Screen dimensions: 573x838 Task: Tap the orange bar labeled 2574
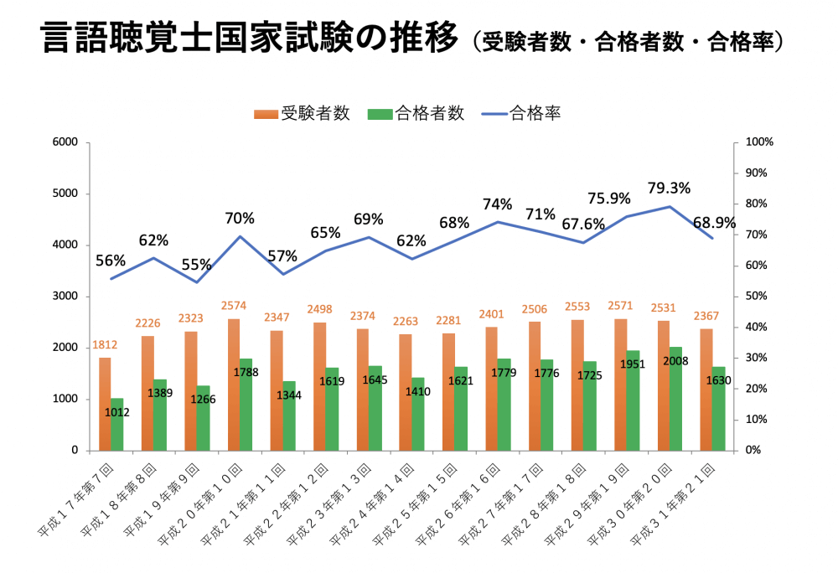[x=234, y=385]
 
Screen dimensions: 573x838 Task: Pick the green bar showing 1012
[x=117, y=424]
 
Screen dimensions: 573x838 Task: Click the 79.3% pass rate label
[x=669, y=188]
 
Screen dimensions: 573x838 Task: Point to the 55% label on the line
[x=196, y=265]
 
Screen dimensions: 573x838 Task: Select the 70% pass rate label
[x=239, y=218]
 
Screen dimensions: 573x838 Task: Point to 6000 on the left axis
[x=65, y=142]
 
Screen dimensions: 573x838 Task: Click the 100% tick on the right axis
[x=758, y=142]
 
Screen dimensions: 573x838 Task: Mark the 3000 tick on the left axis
[x=65, y=297]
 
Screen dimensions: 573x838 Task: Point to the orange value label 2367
[x=707, y=317]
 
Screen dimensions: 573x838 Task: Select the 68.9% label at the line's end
[x=715, y=224]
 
